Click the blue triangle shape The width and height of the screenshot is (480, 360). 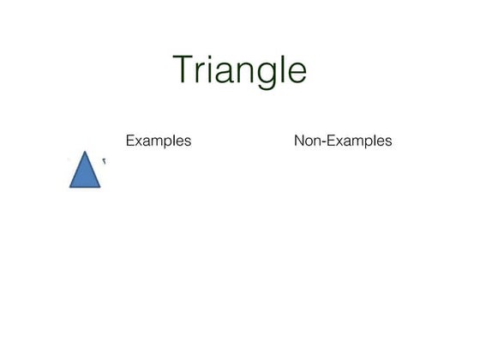click(x=85, y=174)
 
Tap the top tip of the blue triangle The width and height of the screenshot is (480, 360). click(x=85, y=153)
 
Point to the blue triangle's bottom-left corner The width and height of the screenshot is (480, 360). click(x=70, y=186)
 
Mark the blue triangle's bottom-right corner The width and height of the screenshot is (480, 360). click(x=100, y=186)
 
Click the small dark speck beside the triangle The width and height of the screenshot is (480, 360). click(x=105, y=159)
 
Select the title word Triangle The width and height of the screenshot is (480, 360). click(x=239, y=70)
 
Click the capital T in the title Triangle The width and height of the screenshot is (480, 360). click(x=183, y=69)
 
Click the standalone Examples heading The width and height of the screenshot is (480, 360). click(x=159, y=141)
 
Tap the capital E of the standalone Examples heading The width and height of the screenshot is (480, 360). click(x=130, y=140)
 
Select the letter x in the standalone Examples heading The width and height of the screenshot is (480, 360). click(x=139, y=141)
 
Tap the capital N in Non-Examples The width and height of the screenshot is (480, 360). click(x=299, y=140)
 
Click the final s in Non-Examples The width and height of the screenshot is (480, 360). click(x=388, y=141)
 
